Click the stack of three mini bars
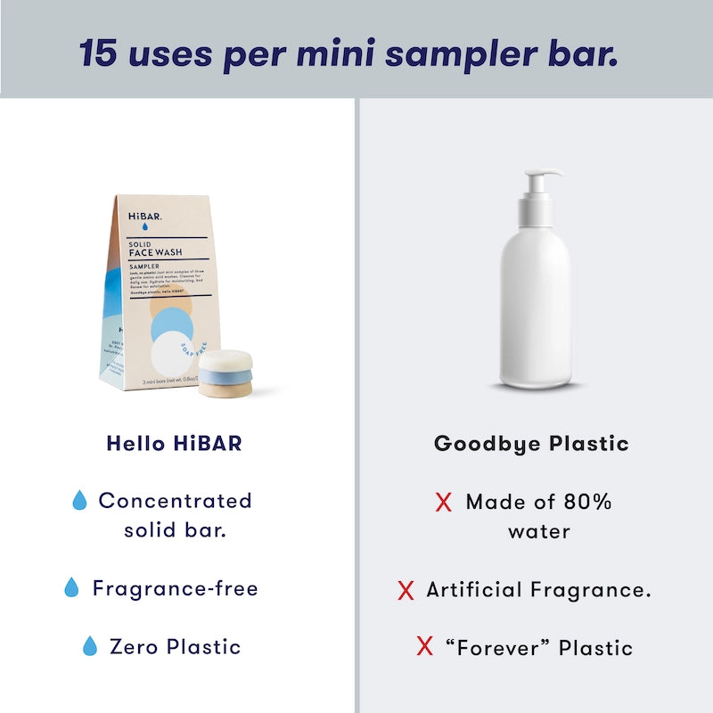click(x=225, y=373)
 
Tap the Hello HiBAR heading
click(x=174, y=443)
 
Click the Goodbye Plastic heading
click(x=531, y=443)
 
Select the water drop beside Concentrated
click(x=79, y=501)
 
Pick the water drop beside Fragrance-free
click(x=71, y=588)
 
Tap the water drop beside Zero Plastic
click(x=89, y=646)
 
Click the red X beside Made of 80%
click(x=443, y=502)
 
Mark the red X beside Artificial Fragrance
click(x=406, y=589)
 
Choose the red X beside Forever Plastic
click(x=424, y=647)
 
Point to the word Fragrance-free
click(x=175, y=588)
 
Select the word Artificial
click(x=473, y=589)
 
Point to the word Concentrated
click(x=176, y=501)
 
